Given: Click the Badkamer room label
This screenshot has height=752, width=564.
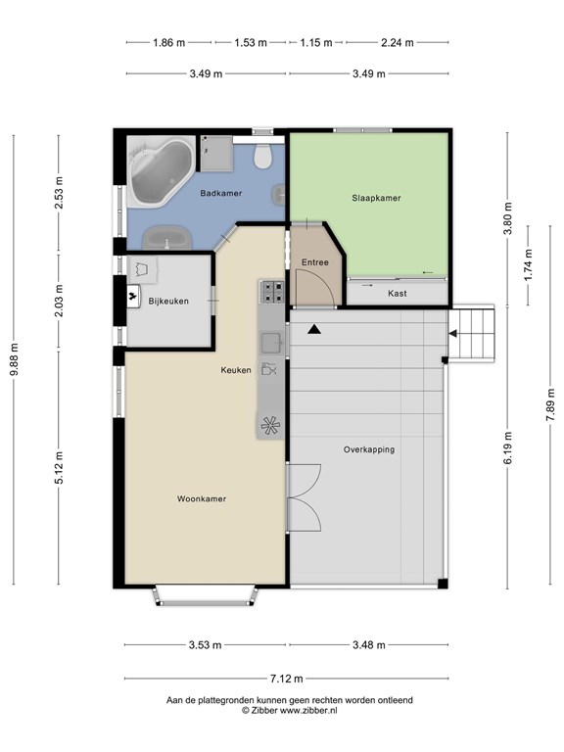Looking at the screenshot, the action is [x=220, y=193].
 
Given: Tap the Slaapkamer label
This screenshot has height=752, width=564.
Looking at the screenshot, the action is [x=376, y=198].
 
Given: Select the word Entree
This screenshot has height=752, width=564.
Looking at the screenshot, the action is [x=315, y=262].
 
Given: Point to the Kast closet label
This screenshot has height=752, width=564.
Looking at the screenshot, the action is [x=398, y=294].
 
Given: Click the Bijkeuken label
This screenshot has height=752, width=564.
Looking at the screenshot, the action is [x=168, y=302].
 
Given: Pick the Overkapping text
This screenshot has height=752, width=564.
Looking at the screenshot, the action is [x=369, y=449].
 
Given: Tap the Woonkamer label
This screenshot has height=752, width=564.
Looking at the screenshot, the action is [x=202, y=498].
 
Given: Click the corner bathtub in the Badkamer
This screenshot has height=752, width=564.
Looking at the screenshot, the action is [x=161, y=171].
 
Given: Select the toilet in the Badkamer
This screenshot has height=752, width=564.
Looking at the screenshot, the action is [x=262, y=153].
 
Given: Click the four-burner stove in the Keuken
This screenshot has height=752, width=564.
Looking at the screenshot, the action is [x=272, y=292].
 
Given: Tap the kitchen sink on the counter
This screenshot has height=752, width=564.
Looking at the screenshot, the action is [x=271, y=342].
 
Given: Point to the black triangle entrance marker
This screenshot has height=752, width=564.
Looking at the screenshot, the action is [x=314, y=329].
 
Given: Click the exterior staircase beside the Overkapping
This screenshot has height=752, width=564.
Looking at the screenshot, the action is [x=471, y=334].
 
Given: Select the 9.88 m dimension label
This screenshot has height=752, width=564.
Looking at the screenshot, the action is [x=15, y=359].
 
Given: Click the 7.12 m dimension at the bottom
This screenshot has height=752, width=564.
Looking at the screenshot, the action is [x=286, y=679].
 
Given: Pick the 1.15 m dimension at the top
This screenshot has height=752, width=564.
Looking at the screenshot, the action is [x=316, y=43].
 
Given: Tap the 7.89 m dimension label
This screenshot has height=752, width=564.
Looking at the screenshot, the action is [x=550, y=404].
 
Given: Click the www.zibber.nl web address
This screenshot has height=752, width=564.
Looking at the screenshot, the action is [x=308, y=711].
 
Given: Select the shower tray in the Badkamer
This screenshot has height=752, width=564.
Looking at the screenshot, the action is [x=216, y=154].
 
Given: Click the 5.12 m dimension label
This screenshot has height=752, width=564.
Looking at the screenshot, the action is [x=59, y=468].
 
